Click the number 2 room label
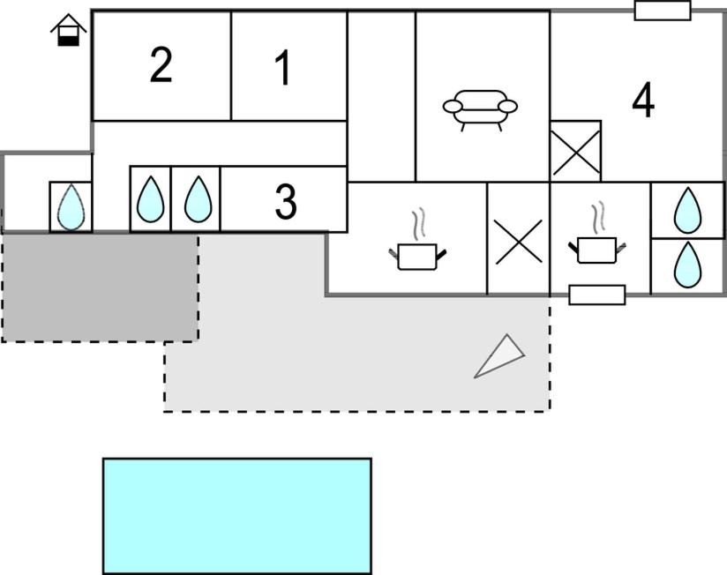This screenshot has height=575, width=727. coord(161,66)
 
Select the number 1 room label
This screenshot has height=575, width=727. coord(283,68)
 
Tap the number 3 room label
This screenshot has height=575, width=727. coord(285,201)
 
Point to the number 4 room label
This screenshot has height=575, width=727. coord(643,100)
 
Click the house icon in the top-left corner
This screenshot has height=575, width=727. coord(69,30)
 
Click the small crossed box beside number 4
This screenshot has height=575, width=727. coord(575,151)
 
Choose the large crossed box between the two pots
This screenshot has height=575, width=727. coord(519,239)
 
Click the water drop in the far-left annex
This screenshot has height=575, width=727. coord(71,206)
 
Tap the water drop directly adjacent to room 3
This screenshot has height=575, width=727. coord(198,198)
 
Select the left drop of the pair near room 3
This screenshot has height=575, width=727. coord(151,198)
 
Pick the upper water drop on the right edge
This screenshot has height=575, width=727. coord(687,211)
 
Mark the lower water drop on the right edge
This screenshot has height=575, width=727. coord(687,265)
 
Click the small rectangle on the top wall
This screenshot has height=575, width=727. coord(663,11)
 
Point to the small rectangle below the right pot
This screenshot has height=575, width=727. coord(597,295)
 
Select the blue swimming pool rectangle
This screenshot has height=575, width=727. coord(237,516)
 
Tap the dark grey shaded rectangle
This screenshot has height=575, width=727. coord(101,287)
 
